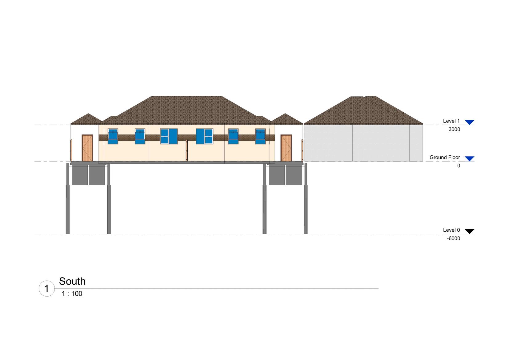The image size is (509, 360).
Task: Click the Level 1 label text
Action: click(x=451, y=121)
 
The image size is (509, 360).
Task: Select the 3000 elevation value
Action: click(x=454, y=129)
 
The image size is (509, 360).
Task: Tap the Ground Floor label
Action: click(x=444, y=157)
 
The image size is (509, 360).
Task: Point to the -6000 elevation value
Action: click(x=454, y=238)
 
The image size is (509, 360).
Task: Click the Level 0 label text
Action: click(x=451, y=230)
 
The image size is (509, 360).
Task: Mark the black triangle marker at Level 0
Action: click(x=469, y=231)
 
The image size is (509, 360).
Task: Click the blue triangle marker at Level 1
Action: click(x=469, y=122)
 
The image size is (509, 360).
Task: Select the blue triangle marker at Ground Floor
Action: click(x=469, y=158)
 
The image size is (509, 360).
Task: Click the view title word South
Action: click(x=72, y=281)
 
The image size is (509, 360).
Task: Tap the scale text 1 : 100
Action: click(x=72, y=294)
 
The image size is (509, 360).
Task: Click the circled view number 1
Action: click(x=47, y=289)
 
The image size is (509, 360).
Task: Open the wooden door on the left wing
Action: click(x=87, y=148)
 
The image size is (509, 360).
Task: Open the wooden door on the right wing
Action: click(x=286, y=148)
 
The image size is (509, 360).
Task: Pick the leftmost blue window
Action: click(x=113, y=136)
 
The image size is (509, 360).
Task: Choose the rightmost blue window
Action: click(x=260, y=136)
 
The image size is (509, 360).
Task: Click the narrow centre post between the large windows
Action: click(x=186, y=150)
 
